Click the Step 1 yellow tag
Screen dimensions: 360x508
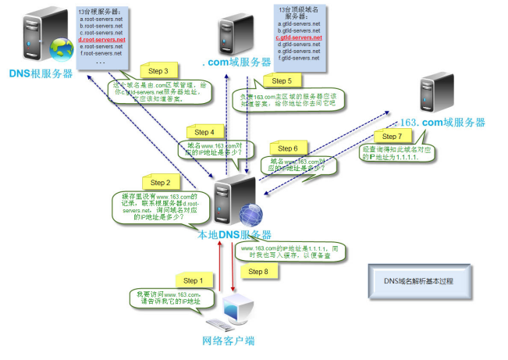pyautogui.click(x=192, y=280)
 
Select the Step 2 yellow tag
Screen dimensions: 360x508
pyautogui.click(x=159, y=182)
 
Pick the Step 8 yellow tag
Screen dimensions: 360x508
pyautogui.click(x=258, y=271)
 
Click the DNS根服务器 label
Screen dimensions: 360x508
pyautogui.click(x=41, y=73)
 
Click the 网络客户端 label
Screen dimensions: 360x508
pyautogui.click(x=229, y=340)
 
